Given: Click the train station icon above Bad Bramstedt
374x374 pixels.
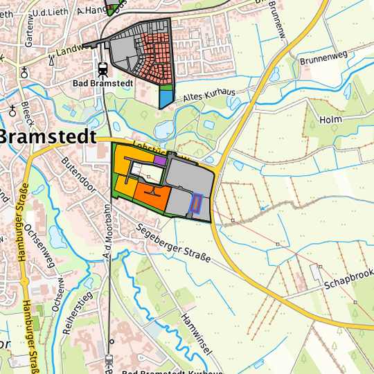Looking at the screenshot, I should click(103, 69).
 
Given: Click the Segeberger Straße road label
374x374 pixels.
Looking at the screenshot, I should click(172, 244).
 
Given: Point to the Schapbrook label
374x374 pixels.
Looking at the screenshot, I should click(348, 276).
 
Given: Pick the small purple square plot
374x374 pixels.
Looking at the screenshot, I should click(160, 160).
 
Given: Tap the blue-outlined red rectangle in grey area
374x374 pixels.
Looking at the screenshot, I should click(195, 203).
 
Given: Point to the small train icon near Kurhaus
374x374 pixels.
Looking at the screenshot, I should click(109, 360).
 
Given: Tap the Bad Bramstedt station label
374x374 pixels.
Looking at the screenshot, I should click(103, 84).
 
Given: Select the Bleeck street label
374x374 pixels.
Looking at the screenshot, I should click(28, 110).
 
